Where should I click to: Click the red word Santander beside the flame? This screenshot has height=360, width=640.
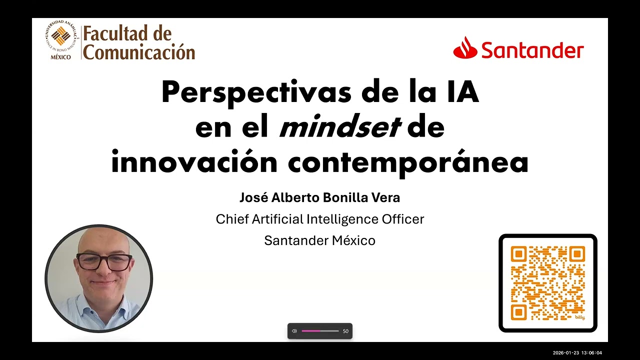(532, 50)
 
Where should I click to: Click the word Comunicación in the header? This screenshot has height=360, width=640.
(138, 51)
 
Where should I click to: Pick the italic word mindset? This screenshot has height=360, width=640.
(340, 128)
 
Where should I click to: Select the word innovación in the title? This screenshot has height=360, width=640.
(194, 162)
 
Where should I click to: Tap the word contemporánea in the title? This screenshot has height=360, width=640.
(407, 162)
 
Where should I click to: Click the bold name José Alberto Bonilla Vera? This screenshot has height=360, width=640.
(319, 197)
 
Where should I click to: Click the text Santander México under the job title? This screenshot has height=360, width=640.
(319, 240)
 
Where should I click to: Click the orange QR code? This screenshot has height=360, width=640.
(547, 282)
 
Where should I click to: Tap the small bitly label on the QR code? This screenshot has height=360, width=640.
(579, 317)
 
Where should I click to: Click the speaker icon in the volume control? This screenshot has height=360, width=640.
(294, 331)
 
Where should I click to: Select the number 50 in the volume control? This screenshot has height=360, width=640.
(345, 331)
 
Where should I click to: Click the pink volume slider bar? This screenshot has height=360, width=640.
(320, 331)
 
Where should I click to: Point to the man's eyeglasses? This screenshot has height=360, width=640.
(103, 261)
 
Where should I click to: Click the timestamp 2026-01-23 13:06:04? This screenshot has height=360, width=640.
(577, 353)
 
